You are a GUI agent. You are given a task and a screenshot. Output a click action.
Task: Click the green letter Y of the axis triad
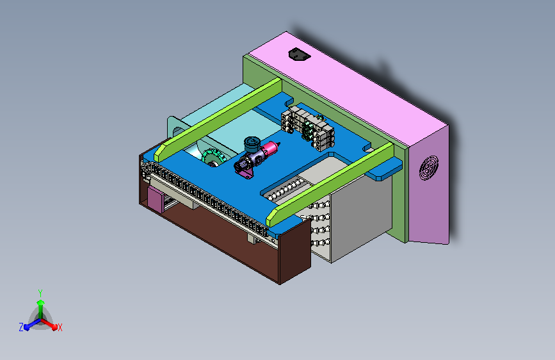40,293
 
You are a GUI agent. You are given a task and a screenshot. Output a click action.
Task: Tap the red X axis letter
60,327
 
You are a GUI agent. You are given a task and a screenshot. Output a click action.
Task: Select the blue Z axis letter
21,327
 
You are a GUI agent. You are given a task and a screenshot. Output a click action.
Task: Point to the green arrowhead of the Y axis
41,302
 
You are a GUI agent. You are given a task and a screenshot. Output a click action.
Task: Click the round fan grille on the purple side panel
429,168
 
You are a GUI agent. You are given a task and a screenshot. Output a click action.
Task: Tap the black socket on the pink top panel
300,54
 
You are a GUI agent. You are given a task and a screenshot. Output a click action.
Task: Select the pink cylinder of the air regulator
269,148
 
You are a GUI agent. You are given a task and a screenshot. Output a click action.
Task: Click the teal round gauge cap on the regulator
252,143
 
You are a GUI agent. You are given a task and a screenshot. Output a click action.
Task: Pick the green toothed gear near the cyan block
213,158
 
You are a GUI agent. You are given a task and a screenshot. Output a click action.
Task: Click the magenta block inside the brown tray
155,200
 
